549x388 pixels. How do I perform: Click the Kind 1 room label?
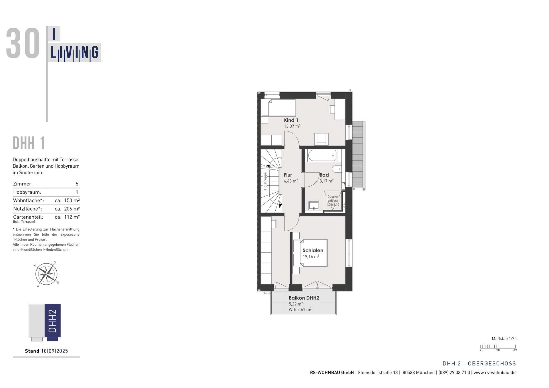click(291, 120)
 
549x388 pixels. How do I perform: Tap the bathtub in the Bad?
click(322, 155)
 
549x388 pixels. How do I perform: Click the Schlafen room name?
click(313, 251)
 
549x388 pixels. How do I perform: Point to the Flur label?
click(288, 175)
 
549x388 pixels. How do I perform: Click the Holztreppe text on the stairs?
click(265, 181)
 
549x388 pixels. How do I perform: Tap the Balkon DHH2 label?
click(304, 298)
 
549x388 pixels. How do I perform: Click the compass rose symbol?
click(46, 274)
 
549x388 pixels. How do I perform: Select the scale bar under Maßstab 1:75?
click(498, 347)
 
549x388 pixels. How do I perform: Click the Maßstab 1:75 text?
click(504, 339)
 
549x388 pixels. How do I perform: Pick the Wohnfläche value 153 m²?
click(72, 201)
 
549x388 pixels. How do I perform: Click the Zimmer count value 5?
click(77, 184)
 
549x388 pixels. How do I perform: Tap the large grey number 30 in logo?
click(23, 44)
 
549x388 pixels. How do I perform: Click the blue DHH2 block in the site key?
click(53, 321)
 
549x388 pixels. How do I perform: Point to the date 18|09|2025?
click(55, 351)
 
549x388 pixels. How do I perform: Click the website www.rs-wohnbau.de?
click(494, 373)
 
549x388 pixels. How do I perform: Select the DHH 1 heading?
click(29, 143)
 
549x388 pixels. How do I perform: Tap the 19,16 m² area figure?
click(311, 257)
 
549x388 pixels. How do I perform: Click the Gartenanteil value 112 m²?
click(72, 217)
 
